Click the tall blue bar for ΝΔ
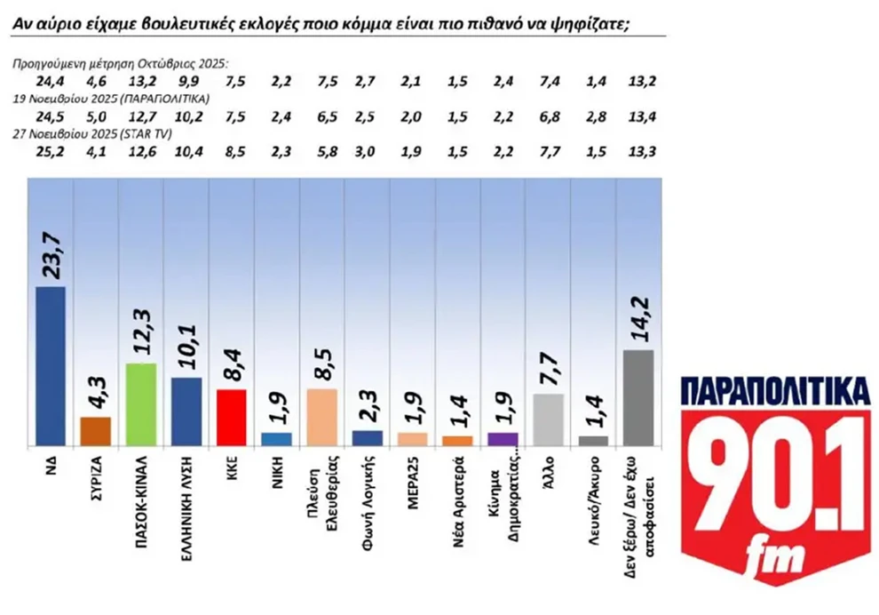[x=51, y=365]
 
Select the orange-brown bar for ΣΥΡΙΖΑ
[x=96, y=430]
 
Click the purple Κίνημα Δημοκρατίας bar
[x=503, y=439]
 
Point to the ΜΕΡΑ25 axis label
[x=413, y=476]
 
